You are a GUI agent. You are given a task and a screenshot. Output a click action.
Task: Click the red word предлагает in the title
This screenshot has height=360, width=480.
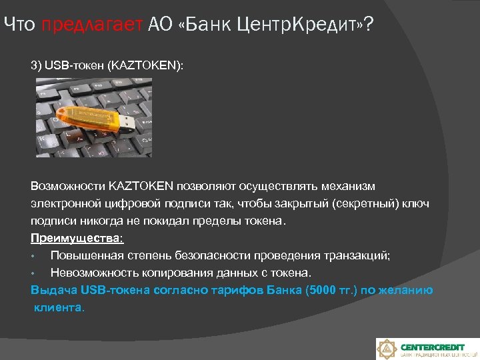pos(92,25)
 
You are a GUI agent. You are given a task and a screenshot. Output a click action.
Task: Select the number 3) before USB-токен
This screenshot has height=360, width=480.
pos(35,67)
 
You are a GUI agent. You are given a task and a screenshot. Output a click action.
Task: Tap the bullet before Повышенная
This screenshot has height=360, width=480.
pos(33,256)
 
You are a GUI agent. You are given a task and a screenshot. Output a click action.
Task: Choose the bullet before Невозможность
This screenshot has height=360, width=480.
pos(33,273)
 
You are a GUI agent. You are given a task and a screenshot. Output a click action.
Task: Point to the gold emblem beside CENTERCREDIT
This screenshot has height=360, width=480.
pos(388,349)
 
